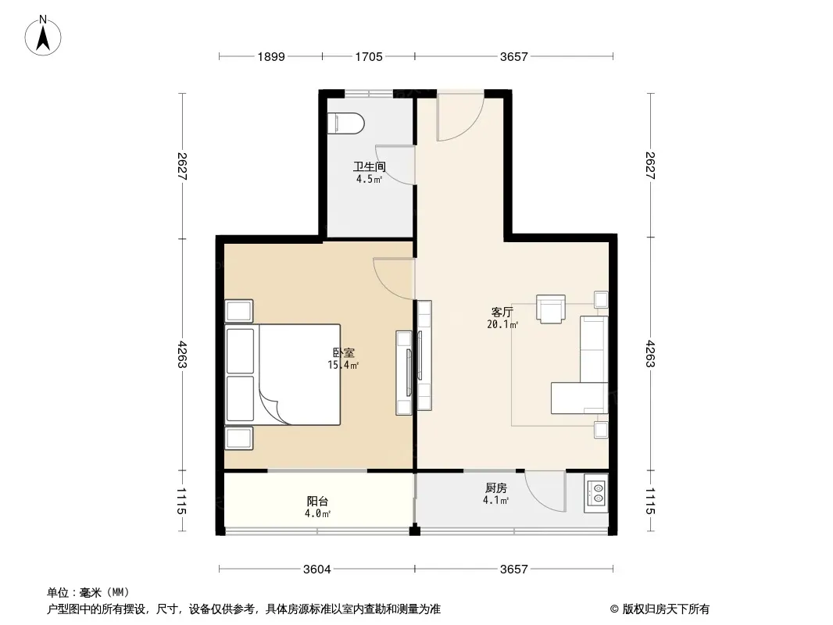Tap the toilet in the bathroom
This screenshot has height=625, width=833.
[x=345, y=123]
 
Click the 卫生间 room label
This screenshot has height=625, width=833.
[x=369, y=166]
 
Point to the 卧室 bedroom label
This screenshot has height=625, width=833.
[x=343, y=352]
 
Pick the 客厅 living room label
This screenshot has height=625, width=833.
[x=502, y=312]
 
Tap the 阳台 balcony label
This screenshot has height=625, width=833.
[x=318, y=501]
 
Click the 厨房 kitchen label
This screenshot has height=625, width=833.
[x=495, y=487]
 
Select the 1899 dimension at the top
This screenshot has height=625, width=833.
[x=271, y=56]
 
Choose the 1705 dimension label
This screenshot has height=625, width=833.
[x=369, y=56]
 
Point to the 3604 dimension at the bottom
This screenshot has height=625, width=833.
[x=317, y=570]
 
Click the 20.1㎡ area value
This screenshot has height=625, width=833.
[x=502, y=324]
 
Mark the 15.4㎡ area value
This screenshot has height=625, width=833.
[x=343, y=366]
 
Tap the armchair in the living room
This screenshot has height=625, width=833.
[x=551, y=309]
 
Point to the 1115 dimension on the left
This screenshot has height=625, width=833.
[x=181, y=502]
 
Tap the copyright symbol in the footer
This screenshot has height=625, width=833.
[x=614, y=609]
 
